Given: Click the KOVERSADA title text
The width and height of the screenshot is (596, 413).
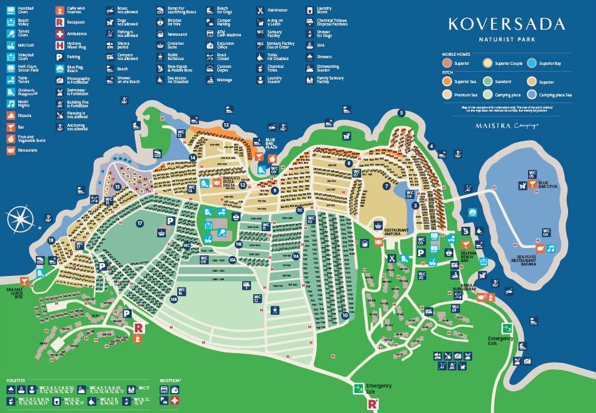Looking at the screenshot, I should [506, 24].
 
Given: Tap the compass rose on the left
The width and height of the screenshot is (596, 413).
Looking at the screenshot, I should [21, 219].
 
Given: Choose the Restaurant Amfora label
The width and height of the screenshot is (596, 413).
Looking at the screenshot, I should [380, 230].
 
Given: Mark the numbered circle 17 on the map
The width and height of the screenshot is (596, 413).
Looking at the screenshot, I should [140, 223].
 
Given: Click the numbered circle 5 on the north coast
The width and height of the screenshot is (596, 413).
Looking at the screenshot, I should [401, 113].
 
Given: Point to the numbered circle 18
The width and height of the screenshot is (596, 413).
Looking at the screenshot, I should [51, 240].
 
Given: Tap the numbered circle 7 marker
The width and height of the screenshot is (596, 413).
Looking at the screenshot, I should [385, 186].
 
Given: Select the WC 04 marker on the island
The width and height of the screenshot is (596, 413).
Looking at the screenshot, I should [546, 232].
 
